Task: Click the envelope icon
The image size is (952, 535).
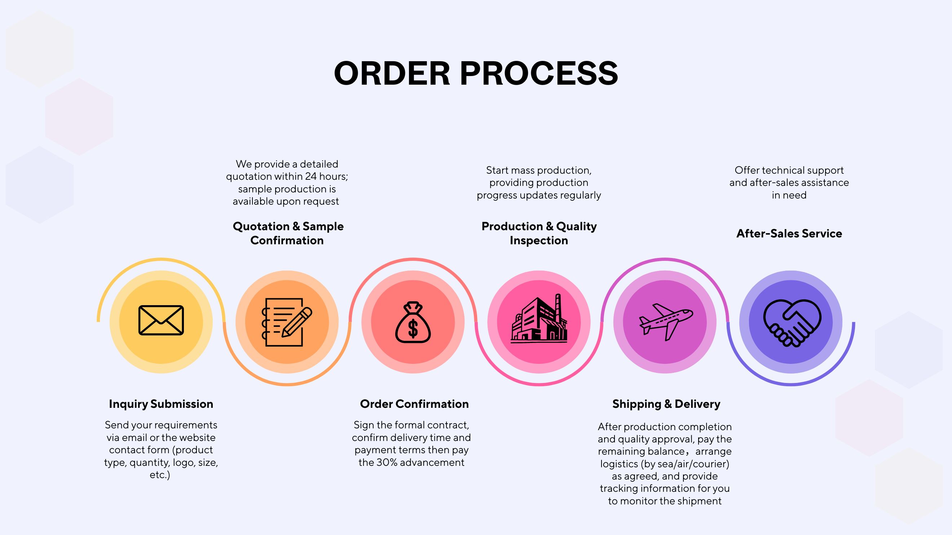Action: point(161,321)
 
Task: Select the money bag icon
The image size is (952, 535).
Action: point(413,322)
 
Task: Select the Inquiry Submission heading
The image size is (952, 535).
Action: point(161,404)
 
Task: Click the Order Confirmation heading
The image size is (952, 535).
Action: point(414,404)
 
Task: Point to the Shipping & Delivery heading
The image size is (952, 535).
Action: point(666,404)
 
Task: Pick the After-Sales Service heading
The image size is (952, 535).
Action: point(789,233)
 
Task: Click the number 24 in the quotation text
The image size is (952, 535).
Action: point(311,177)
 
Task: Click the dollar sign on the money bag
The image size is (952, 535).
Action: point(413,328)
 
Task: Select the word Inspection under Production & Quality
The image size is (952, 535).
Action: point(539,240)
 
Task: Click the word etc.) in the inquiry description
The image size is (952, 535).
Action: point(160,475)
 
